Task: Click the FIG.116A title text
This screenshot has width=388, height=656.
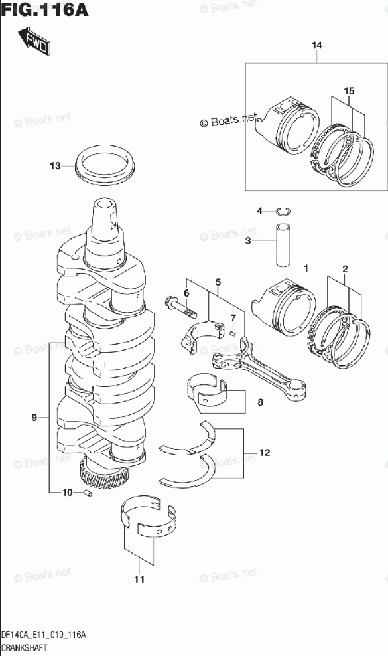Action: pyautogui.click(x=45, y=9)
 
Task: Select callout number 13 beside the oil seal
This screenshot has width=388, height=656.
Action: pyautogui.click(x=55, y=166)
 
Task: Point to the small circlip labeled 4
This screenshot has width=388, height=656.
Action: pyautogui.click(x=284, y=211)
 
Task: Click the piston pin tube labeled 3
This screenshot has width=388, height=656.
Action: pyautogui.click(x=283, y=245)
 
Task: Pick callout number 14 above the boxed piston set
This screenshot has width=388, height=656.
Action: pyautogui.click(x=317, y=45)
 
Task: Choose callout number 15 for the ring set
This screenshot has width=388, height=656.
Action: pyautogui.click(x=349, y=90)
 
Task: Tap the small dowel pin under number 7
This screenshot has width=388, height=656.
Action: pyautogui.click(x=233, y=333)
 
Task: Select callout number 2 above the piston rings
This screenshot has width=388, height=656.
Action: pyautogui.click(x=345, y=269)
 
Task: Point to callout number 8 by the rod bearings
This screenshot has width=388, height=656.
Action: pyautogui.click(x=260, y=402)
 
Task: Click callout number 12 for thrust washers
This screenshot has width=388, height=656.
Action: pyautogui.click(x=265, y=453)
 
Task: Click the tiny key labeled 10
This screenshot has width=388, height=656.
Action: pyautogui.click(x=88, y=493)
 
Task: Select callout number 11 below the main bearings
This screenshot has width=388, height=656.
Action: pyautogui.click(x=139, y=580)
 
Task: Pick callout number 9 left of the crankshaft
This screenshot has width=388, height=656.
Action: pyautogui.click(x=34, y=417)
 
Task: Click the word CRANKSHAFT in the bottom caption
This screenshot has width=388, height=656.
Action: pyautogui.click(x=25, y=648)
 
